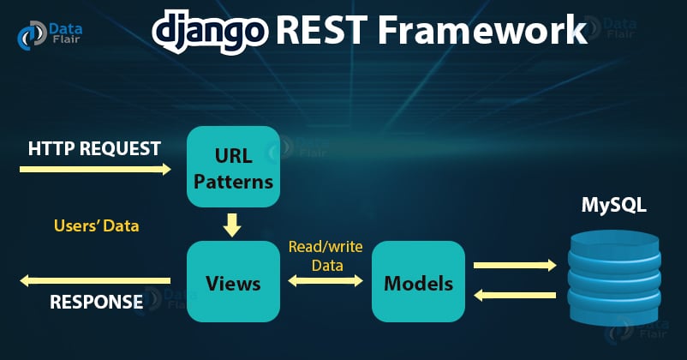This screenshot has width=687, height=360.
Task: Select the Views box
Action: (x=233, y=281)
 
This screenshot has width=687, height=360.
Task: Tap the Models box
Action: (x=418, y=281)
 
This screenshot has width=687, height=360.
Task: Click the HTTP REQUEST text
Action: (x=94, y=148)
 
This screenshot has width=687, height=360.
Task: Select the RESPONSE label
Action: (x=96, y=302)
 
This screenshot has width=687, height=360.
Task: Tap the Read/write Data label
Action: (x=326, y=256)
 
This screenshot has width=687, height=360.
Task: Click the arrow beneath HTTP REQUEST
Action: (x=95, y=170)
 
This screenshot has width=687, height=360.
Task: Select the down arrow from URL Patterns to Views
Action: (x=232, y=225)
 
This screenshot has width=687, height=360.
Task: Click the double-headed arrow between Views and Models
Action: (x=326, y=281)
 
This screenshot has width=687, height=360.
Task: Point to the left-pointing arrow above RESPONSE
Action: (x=95, y=280)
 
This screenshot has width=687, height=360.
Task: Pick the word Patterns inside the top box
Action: (x=233, y=181)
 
